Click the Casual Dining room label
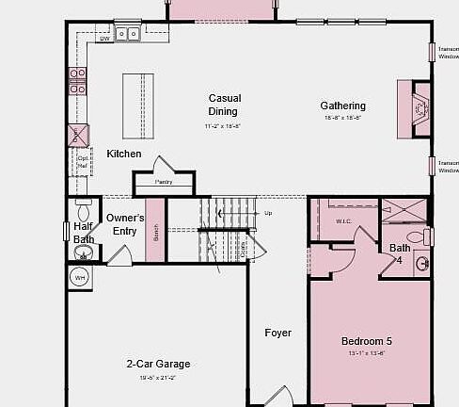(225, 105)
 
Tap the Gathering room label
(342, 106)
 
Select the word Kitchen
(124, 154)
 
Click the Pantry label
(163, 181)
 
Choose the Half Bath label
(84, 233)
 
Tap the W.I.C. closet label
(342, 221)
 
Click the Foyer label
(277, 333)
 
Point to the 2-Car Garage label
(158, 364)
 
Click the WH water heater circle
(79, 278)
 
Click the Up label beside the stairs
(268, 213)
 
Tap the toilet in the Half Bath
(83, 252)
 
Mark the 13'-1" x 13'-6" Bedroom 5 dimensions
(367, 353)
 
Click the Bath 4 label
(400, 253)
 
